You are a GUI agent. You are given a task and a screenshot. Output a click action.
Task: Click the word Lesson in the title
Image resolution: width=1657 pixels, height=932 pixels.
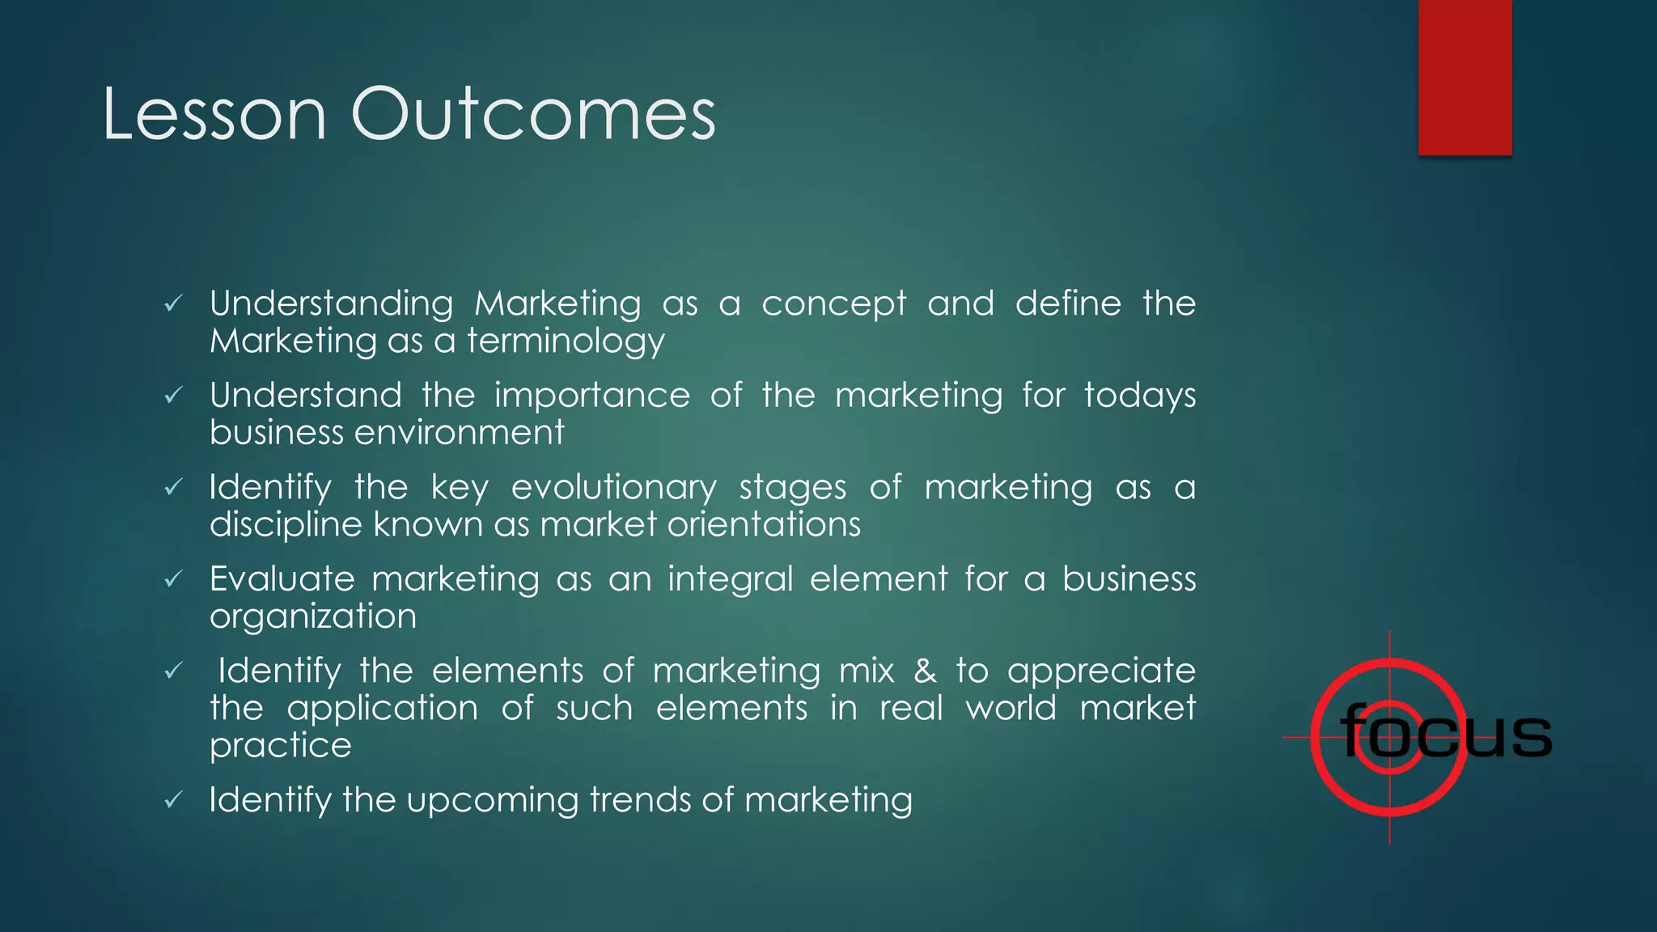pos(214,115)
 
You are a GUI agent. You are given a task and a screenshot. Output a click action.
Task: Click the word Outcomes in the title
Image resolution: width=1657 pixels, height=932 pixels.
pos(533,115)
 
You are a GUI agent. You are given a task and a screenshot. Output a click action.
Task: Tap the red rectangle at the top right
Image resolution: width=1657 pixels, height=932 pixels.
pos(1464,77)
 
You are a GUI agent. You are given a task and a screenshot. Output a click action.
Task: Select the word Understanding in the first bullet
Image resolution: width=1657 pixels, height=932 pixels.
pos(331,304)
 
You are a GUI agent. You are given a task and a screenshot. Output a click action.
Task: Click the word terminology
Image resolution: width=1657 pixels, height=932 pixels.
pos(566,341)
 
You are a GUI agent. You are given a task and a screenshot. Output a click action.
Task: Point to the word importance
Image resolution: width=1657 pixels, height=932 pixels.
pos(592,396)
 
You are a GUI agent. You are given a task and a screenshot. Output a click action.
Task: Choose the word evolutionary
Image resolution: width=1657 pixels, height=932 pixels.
pos(613,488)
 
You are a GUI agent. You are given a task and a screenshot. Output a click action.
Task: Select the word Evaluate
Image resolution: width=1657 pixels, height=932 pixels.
pos(282,579)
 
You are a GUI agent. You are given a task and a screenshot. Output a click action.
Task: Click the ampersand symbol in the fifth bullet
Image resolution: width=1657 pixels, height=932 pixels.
pos(925,671)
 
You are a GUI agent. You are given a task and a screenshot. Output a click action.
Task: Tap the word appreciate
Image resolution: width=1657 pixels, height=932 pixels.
pos(1101,671)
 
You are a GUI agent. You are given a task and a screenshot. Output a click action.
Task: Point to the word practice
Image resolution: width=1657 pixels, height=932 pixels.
pos(281,745)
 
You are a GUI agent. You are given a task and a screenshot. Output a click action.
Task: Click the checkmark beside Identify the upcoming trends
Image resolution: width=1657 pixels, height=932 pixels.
pos(173,801)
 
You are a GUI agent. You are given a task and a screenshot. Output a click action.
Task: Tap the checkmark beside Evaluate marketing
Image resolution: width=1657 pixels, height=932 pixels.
pos(173,580)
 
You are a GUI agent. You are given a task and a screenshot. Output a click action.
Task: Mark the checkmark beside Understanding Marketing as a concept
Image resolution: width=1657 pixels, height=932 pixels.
pos(173,304)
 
